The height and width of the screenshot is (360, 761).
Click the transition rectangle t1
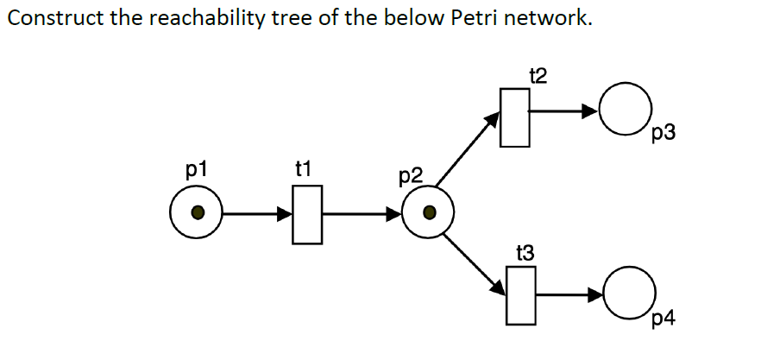coord(306,213)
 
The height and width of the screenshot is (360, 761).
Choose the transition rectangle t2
coord(515,117)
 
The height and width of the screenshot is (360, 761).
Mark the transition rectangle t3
coord(519,295)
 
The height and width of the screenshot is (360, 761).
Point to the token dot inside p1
coord(198,212)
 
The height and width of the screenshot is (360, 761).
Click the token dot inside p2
coord(428,212)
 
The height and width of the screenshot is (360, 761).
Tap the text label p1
coord(197,167)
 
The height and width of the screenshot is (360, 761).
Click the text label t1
coord(303,168)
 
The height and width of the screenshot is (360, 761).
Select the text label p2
coord(412,177)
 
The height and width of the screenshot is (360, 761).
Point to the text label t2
coord(538,76)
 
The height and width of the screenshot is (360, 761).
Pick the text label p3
coord(664,134)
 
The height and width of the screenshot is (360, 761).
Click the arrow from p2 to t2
coord(469,148)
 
